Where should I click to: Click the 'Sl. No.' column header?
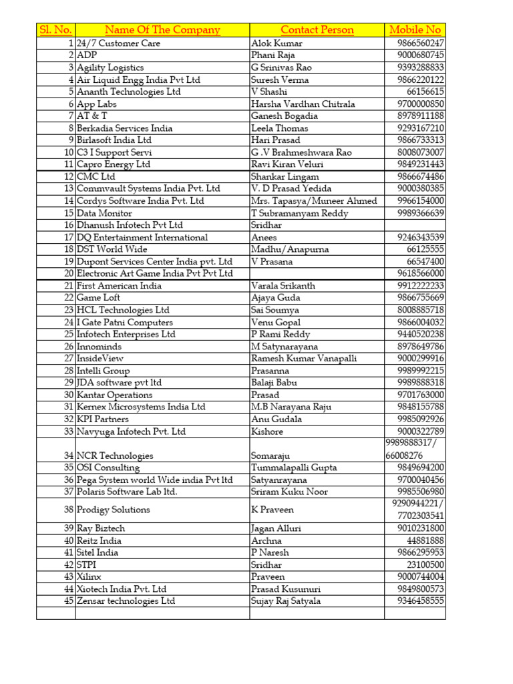55,30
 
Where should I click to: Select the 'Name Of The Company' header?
162,30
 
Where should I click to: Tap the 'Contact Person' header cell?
317,30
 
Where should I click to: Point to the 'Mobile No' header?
415,30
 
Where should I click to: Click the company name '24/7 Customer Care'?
119,43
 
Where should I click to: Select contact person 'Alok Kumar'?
277,43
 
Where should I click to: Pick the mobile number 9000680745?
419,55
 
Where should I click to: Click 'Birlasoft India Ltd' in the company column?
114,140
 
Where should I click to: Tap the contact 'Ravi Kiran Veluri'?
285,164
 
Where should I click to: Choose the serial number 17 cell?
68,237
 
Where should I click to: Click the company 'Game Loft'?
99,298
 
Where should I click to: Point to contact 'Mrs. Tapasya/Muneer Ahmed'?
314,201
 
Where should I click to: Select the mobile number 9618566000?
419,274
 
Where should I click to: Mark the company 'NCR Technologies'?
115,456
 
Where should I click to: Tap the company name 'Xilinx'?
90,577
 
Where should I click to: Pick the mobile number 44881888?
424,541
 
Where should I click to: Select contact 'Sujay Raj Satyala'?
286,601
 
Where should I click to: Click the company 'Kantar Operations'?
115,395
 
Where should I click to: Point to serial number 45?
68,601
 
